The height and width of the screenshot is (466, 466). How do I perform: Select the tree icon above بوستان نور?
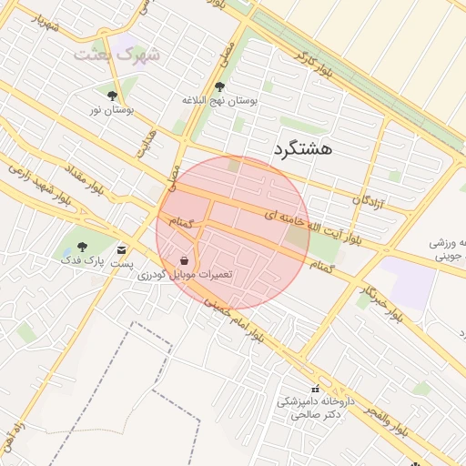(x=112, y=95)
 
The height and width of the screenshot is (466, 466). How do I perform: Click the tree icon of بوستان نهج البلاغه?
(x=219, y=87)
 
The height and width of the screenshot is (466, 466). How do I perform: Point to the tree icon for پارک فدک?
(x=83, y=246)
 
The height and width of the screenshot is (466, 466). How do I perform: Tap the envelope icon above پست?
(x=122, y=248)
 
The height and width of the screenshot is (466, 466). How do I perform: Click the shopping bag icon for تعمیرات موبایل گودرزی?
(x=185, y=260)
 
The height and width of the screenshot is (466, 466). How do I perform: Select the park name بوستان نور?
(x=112, y=109)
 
